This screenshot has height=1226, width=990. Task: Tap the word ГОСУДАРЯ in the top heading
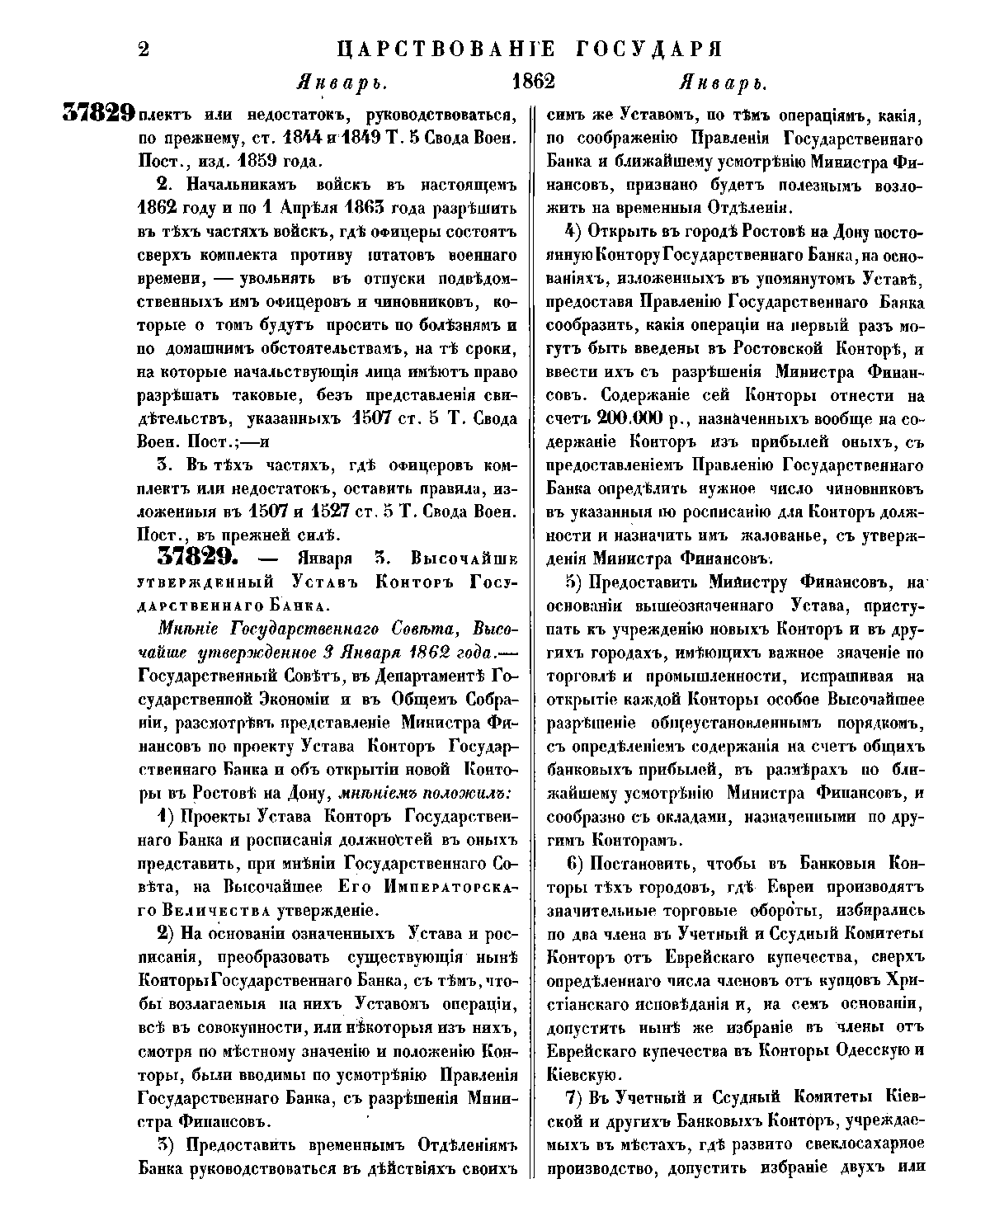pos(643,50)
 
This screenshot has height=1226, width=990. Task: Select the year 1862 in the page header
pos(533,83)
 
